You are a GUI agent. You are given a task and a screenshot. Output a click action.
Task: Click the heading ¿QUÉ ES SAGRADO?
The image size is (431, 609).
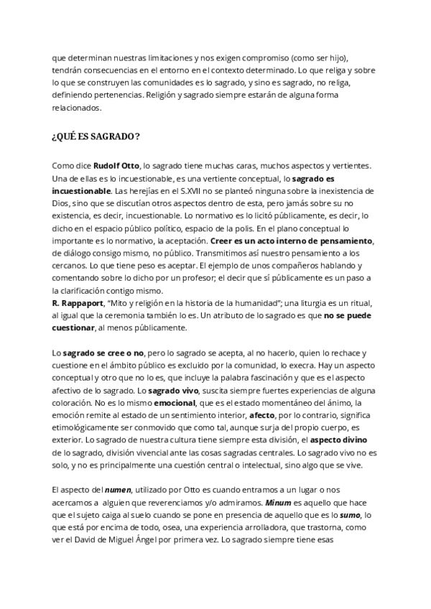click(x=96, y=136)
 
